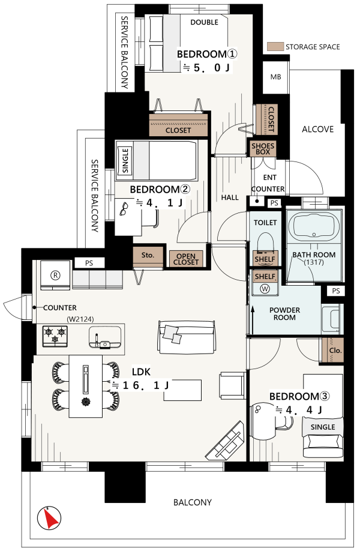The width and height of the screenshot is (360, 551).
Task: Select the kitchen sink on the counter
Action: (105, 337)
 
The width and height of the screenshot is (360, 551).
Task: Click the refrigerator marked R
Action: (55, 275)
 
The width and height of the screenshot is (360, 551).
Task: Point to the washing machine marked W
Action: (265, 288)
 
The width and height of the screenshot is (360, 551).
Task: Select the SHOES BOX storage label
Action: (263, 149)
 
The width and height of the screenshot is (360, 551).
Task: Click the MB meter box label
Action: (276, 77)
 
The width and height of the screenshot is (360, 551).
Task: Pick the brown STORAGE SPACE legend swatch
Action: (275, 47)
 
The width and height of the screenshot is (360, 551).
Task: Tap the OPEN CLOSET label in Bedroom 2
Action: (186, 259)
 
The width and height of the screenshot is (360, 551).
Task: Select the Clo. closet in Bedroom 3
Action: (333, 350)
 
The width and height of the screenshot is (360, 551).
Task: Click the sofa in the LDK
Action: (186, 337)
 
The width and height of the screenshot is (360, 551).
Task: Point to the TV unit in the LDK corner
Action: (226, 441)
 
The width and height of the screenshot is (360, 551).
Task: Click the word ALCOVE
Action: (318, 129)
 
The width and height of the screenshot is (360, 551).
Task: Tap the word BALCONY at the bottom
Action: (193, 502)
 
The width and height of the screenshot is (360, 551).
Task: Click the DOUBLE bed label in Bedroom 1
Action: (204, 22)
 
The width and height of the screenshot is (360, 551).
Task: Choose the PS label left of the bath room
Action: (274, 203)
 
